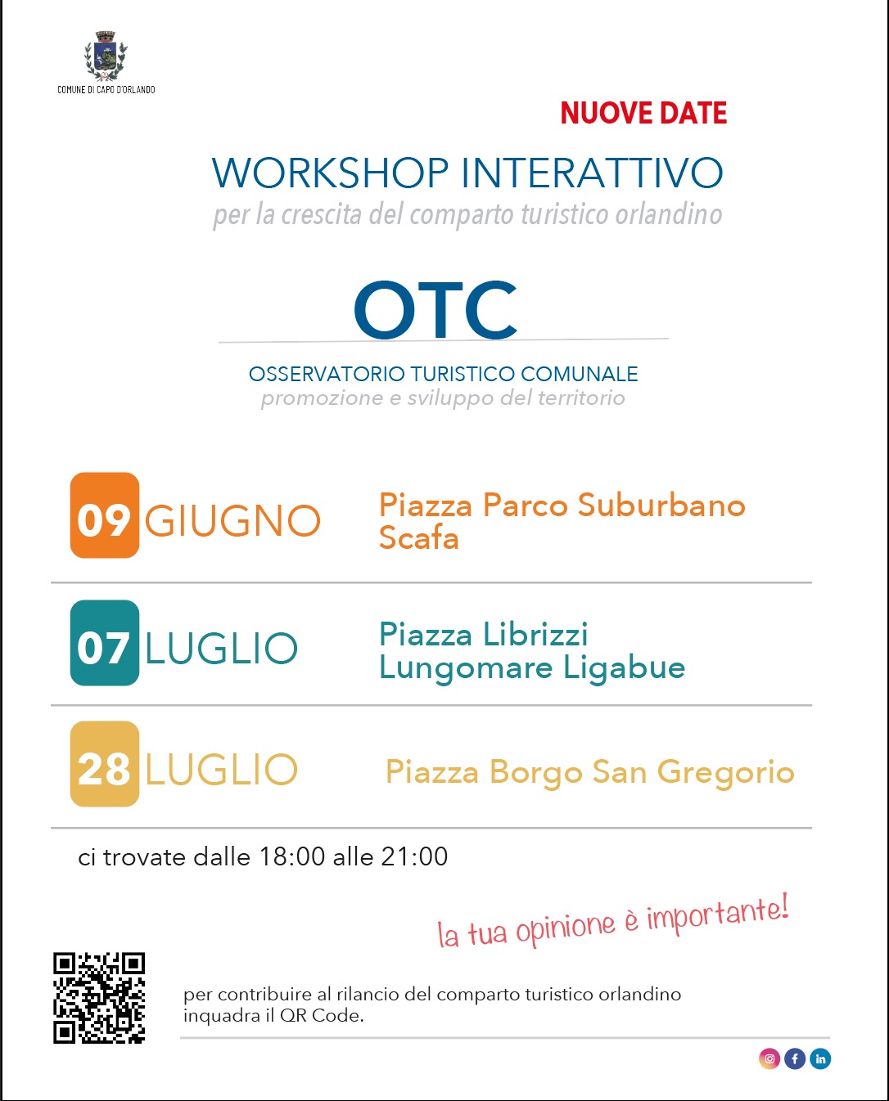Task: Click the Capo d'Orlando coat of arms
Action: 106,56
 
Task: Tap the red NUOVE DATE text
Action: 643,113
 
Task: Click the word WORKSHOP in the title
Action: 331,173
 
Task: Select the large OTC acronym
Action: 435,309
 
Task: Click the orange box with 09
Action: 105,515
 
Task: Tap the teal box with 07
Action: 105,643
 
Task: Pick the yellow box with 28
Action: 105,764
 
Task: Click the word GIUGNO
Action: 233,521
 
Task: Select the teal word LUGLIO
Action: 221,648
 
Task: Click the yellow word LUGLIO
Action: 221,770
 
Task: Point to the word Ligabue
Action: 625,668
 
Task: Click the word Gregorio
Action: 725,772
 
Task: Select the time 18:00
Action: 292,857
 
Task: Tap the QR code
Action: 99,998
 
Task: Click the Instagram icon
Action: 769,1059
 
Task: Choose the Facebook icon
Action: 795,1059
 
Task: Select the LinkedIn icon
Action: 820,1059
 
